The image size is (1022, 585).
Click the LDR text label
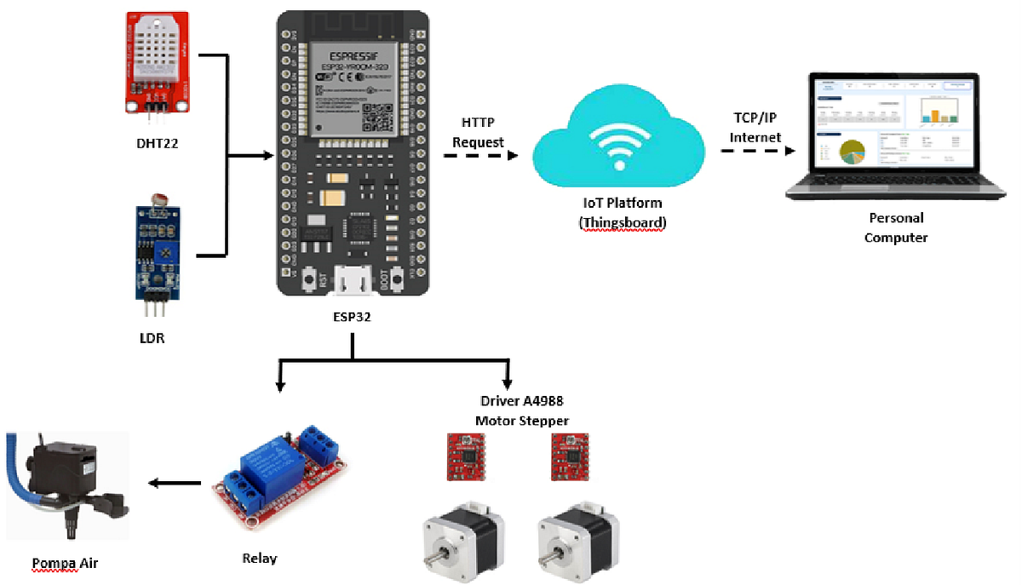tap(152, 338)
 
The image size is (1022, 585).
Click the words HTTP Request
tap(478, 132)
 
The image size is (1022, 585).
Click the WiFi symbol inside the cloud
tap(619, 142)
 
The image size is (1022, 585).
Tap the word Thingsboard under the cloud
tap(622, 222)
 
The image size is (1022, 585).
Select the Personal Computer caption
tap(895, 227)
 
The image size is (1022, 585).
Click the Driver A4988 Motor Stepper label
tap(521, 410)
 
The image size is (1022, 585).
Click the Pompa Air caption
tap(66, 563)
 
